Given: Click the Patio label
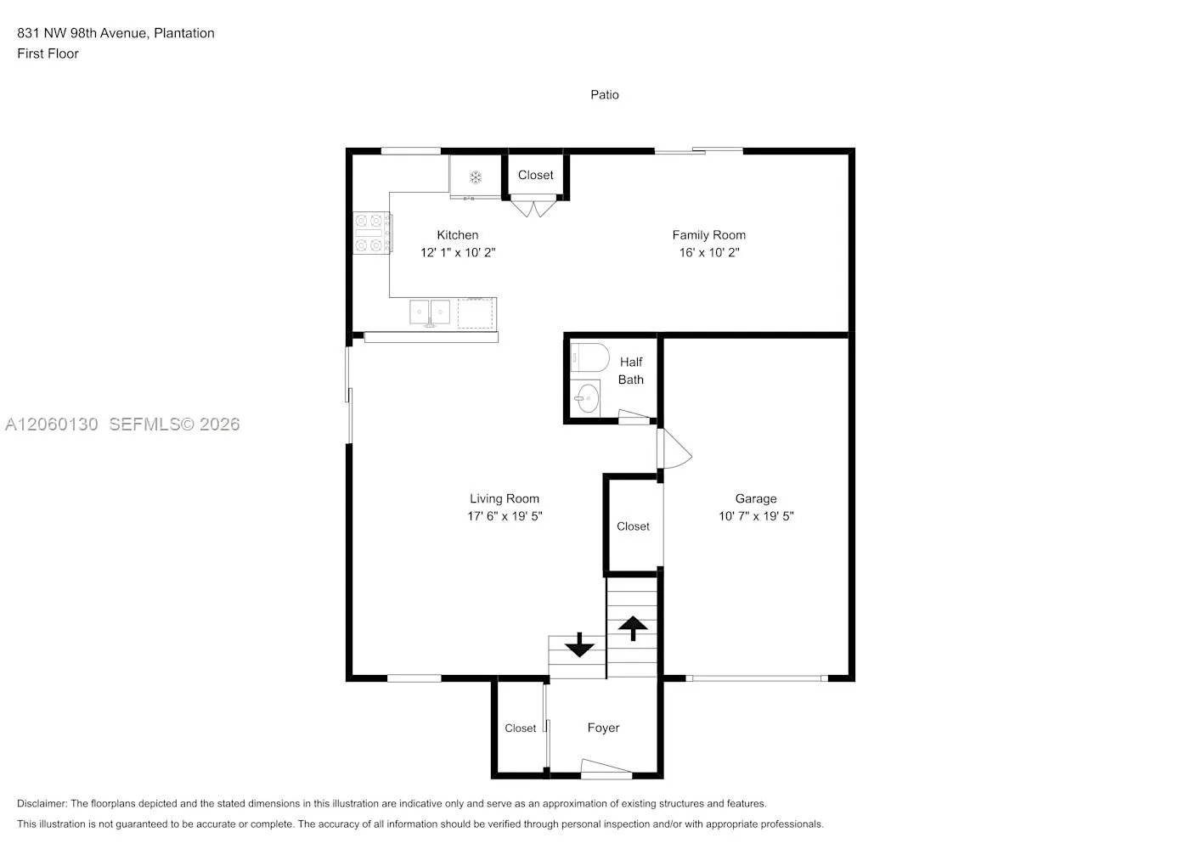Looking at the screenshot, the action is point(604,95).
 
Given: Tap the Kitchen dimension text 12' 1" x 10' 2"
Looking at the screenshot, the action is point(457,252).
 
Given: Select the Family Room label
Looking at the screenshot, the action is point(709,235).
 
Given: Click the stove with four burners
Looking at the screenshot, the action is point(372,233).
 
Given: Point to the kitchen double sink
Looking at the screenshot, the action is point(430,312).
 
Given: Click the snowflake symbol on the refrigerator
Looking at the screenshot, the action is point(476,177).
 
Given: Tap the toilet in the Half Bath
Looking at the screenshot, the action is point(589,357).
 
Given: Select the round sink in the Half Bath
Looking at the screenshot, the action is point(586,398).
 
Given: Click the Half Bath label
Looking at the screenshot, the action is point(630,370).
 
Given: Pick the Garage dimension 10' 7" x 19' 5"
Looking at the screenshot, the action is point(756,516).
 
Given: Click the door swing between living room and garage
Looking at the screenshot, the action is point(674,448).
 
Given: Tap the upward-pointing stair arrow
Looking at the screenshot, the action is point(633,628).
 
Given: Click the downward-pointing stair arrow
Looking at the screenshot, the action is point(579,644).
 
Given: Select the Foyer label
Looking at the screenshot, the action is point(603,728).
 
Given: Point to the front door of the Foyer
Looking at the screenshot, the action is point(606,768).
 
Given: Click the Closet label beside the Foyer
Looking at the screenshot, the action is point(520,728).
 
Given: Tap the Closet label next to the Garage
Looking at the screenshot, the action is point(633,526).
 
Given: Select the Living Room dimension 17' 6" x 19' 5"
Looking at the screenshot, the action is point(505,516).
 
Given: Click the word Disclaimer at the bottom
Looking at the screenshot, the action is point(42,803).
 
